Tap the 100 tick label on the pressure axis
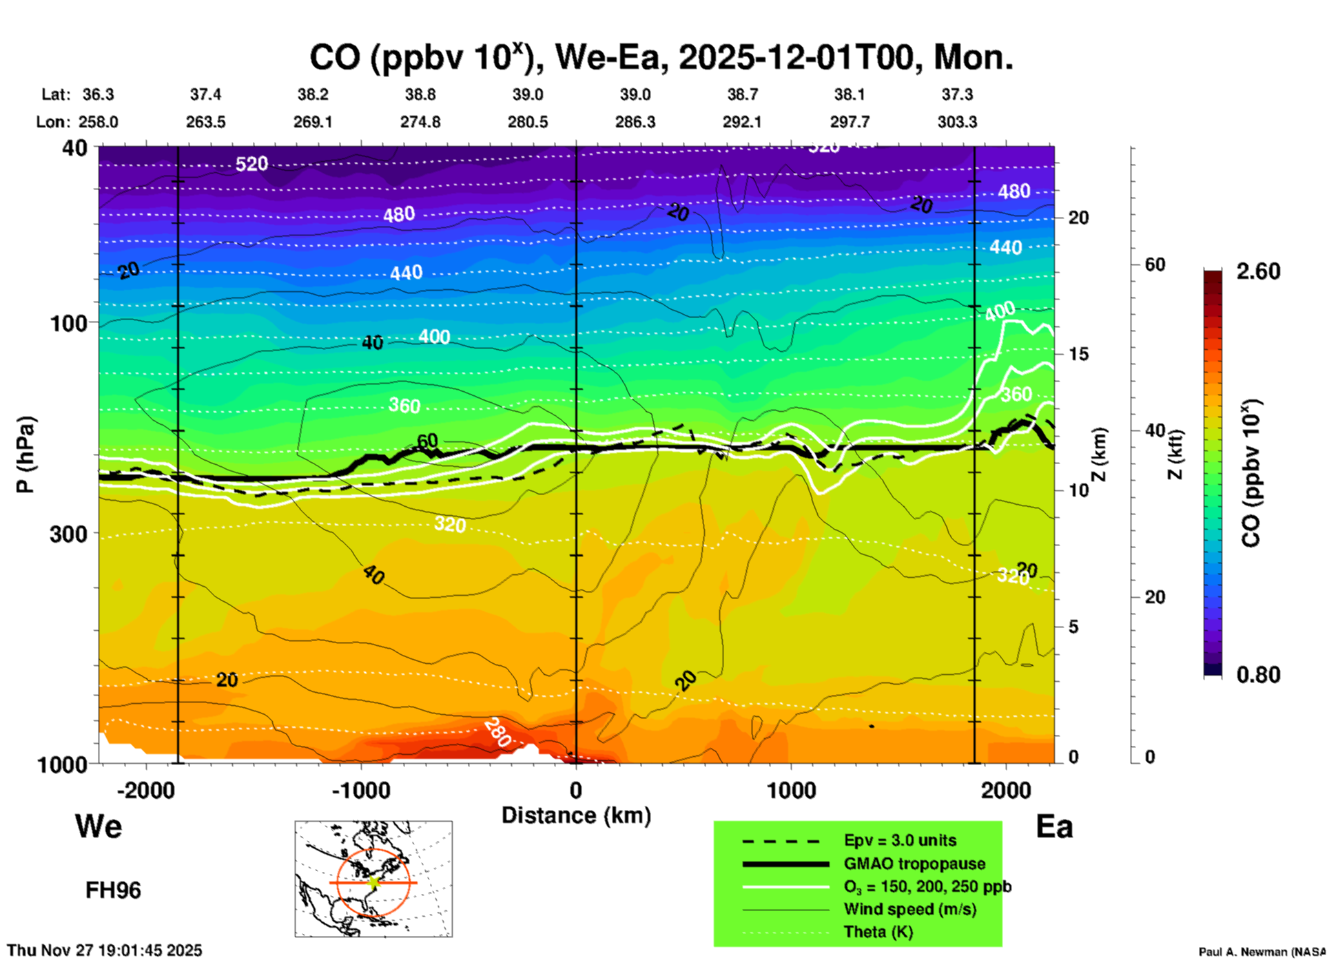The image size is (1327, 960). point(69,323)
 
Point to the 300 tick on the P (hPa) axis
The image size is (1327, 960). point(69,534)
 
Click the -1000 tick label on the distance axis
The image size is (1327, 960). point(360,791)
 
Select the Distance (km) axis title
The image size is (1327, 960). point(576,815)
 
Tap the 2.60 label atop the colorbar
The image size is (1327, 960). point(1258,271)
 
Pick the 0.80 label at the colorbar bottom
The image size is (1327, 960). point(1258,675)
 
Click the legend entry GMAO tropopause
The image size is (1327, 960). point(914,864)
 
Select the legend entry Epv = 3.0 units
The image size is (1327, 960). point(900,840)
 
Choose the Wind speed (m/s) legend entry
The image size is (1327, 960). point(909,909)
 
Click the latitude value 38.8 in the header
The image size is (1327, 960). point(420,94)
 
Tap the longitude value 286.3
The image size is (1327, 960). point(635,122)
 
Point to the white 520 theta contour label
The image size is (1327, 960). point(251,164)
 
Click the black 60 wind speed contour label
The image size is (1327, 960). point(427,441)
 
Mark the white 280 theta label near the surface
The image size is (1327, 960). point(496,733)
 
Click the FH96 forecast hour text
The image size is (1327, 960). point(113,890)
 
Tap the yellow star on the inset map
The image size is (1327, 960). point(373,882)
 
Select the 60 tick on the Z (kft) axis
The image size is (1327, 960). point(1155,264)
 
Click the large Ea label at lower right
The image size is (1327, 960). point(1054,826)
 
